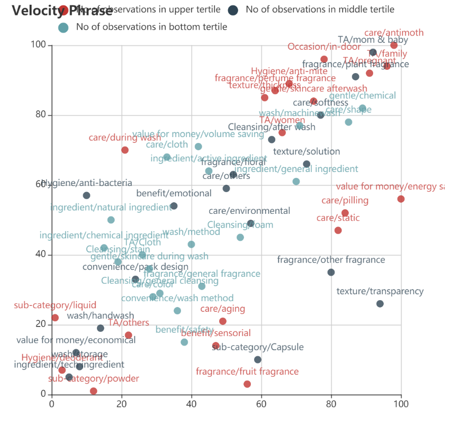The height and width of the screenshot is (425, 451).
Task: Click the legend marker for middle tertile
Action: tap(233, 10)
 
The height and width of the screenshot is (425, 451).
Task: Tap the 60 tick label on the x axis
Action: tap(261, 404)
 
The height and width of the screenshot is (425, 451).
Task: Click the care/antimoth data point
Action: tap(394, 46)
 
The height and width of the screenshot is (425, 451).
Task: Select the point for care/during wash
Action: tap(125, 150)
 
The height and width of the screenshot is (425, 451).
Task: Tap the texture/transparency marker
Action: tap(380, 304)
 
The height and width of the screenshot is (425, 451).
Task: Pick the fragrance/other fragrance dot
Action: tap(331, 273)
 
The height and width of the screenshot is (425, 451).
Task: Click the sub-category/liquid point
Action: tap(55, 318)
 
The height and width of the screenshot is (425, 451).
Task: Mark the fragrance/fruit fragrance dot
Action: tap(247, 384)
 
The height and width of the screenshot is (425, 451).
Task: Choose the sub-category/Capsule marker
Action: tap(258, 360)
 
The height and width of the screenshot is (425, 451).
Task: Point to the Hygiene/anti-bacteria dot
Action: tap(86, 196)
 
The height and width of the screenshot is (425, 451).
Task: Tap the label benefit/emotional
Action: tap(174, 193)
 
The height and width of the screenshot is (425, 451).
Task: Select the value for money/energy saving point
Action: tap(401, 199)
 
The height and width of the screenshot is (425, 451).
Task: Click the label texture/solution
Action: tap(306, 151)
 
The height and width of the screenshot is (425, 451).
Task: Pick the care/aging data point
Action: tap(223, 321)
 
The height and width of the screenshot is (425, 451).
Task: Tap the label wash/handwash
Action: tap(101, 316)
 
